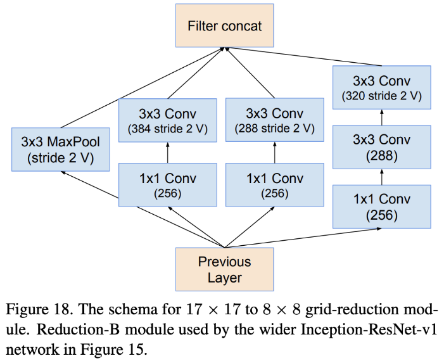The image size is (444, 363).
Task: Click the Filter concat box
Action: [225, 26]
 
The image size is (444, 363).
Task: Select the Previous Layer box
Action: [224, 269]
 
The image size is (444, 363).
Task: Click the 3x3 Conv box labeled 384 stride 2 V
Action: [168, 121]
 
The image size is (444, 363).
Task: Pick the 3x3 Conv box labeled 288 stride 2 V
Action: [274, 121]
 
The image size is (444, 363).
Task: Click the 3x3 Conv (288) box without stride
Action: [381, 146]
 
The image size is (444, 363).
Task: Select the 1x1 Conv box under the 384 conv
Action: [168, 185]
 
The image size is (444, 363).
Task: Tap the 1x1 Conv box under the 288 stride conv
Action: [274, 185]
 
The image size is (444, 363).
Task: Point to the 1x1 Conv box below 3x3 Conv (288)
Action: [381, 207]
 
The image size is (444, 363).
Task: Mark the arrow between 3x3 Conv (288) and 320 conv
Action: [381, 117]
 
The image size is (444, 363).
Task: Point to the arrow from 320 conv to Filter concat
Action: [304, 57]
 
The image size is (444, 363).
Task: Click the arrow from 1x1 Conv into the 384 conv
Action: [168, 153]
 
